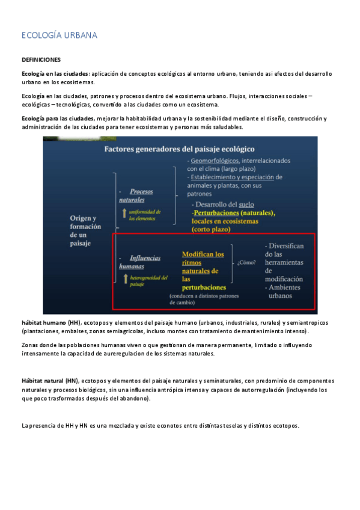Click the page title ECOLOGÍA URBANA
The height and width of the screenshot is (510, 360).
point(59,35)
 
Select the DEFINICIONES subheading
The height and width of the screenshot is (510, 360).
point(41,60)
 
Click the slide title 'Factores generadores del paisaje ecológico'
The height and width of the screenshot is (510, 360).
point(180,149)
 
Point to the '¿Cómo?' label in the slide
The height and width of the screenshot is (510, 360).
point(247,263)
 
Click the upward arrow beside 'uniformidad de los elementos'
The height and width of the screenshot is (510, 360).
point(124,212)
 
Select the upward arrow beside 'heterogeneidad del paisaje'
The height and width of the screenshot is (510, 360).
point(124,278)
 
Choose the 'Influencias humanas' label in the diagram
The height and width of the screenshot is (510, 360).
point(140,262)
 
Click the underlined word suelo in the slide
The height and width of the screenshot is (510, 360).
point(246,204)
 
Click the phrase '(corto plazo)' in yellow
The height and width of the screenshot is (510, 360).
point(212,229)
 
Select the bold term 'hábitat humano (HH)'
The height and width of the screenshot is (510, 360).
point(50,323)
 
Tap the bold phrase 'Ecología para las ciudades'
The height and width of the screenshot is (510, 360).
point(58,118)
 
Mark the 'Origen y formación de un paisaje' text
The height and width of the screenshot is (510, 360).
point(85,230)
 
